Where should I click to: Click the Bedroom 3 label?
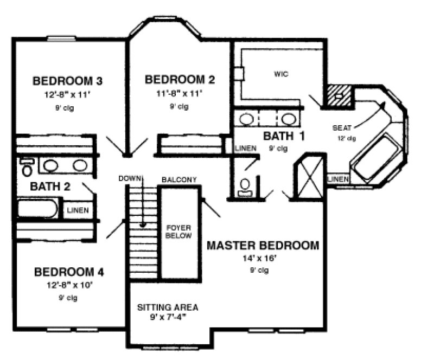tap(68, 81)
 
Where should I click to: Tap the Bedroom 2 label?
tap(180, 80)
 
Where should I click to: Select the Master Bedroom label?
tap(263, 246)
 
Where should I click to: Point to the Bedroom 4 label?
tap(69, 272)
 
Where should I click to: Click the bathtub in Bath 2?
tap(39, 209)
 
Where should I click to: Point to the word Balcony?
tap(179, 179)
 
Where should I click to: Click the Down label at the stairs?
tap(130, 178)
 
